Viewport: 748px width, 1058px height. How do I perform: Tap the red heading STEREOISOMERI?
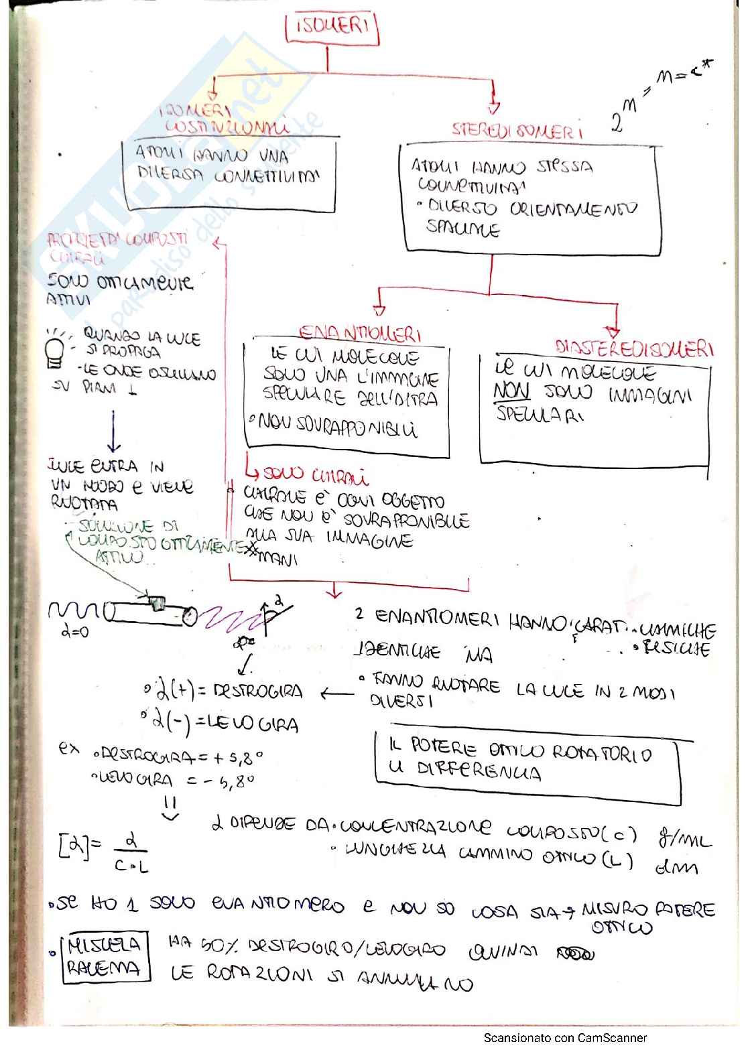click(517, 130)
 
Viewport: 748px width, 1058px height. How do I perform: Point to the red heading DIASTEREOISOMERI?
click(634, 348)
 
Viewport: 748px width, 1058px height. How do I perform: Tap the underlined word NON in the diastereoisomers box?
click(512, 391)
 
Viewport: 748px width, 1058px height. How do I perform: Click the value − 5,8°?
click(230, 781)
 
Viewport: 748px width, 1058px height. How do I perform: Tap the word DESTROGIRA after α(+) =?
click(257, 691)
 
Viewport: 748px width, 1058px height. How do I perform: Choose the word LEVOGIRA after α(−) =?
click(253, 724)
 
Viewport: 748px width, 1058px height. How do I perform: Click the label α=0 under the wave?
click(74, 631)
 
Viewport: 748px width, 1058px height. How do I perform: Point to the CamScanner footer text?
click(565, 1038)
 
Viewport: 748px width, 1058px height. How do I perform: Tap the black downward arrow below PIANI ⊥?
click(114, 432)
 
